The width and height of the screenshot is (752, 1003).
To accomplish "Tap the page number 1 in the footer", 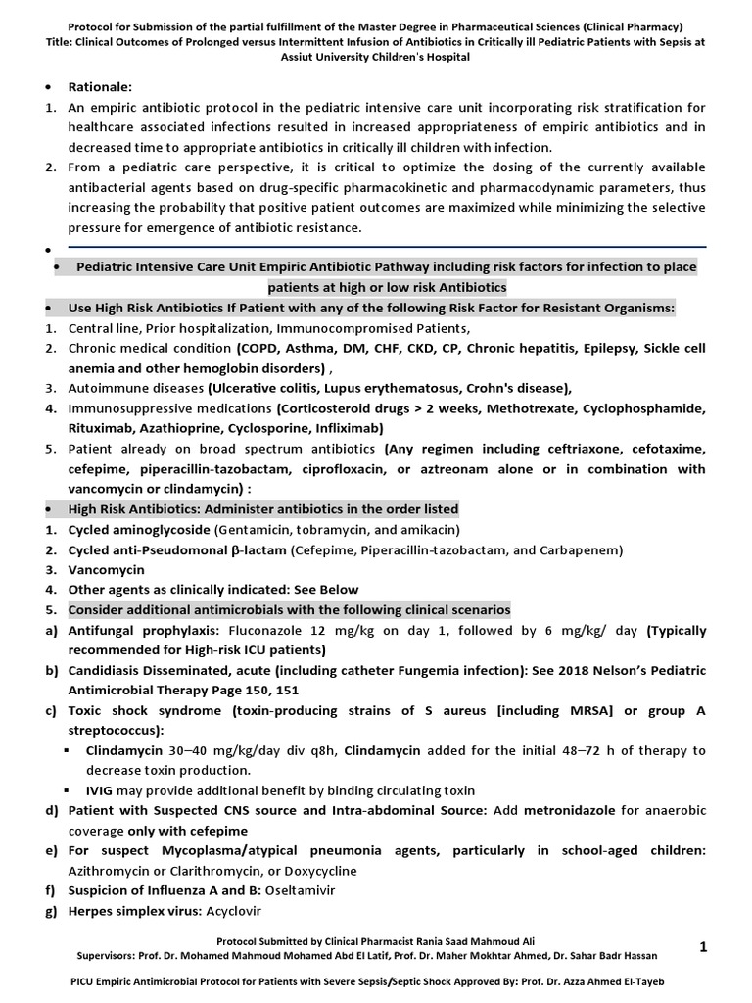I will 703,945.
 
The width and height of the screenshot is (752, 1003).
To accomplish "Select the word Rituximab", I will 102,429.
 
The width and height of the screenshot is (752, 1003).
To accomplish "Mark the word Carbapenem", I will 579,550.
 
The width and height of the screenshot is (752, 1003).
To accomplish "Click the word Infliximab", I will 349,429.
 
